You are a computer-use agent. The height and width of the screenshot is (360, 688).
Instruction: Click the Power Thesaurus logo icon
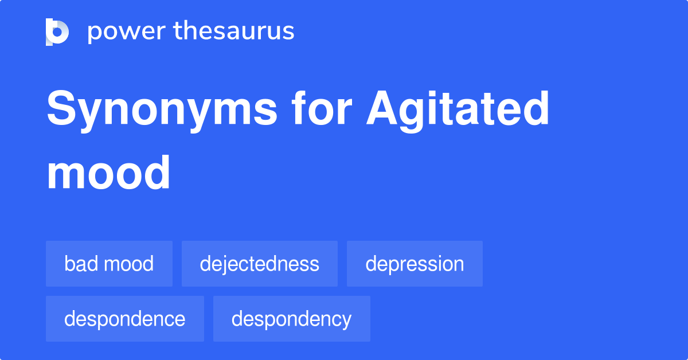pos(57,32)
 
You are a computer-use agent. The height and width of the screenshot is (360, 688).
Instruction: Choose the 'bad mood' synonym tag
pos(109,264)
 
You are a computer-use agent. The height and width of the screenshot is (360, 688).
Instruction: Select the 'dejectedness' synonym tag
pos(259,264)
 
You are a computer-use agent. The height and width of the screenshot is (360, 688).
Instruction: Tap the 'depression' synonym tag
pos(415,264)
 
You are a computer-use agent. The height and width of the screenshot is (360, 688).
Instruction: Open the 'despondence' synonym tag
pos(124,319)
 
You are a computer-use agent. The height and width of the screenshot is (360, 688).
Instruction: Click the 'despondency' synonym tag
pos(291,319)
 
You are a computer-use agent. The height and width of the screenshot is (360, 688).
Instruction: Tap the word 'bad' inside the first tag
pos(79,264)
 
